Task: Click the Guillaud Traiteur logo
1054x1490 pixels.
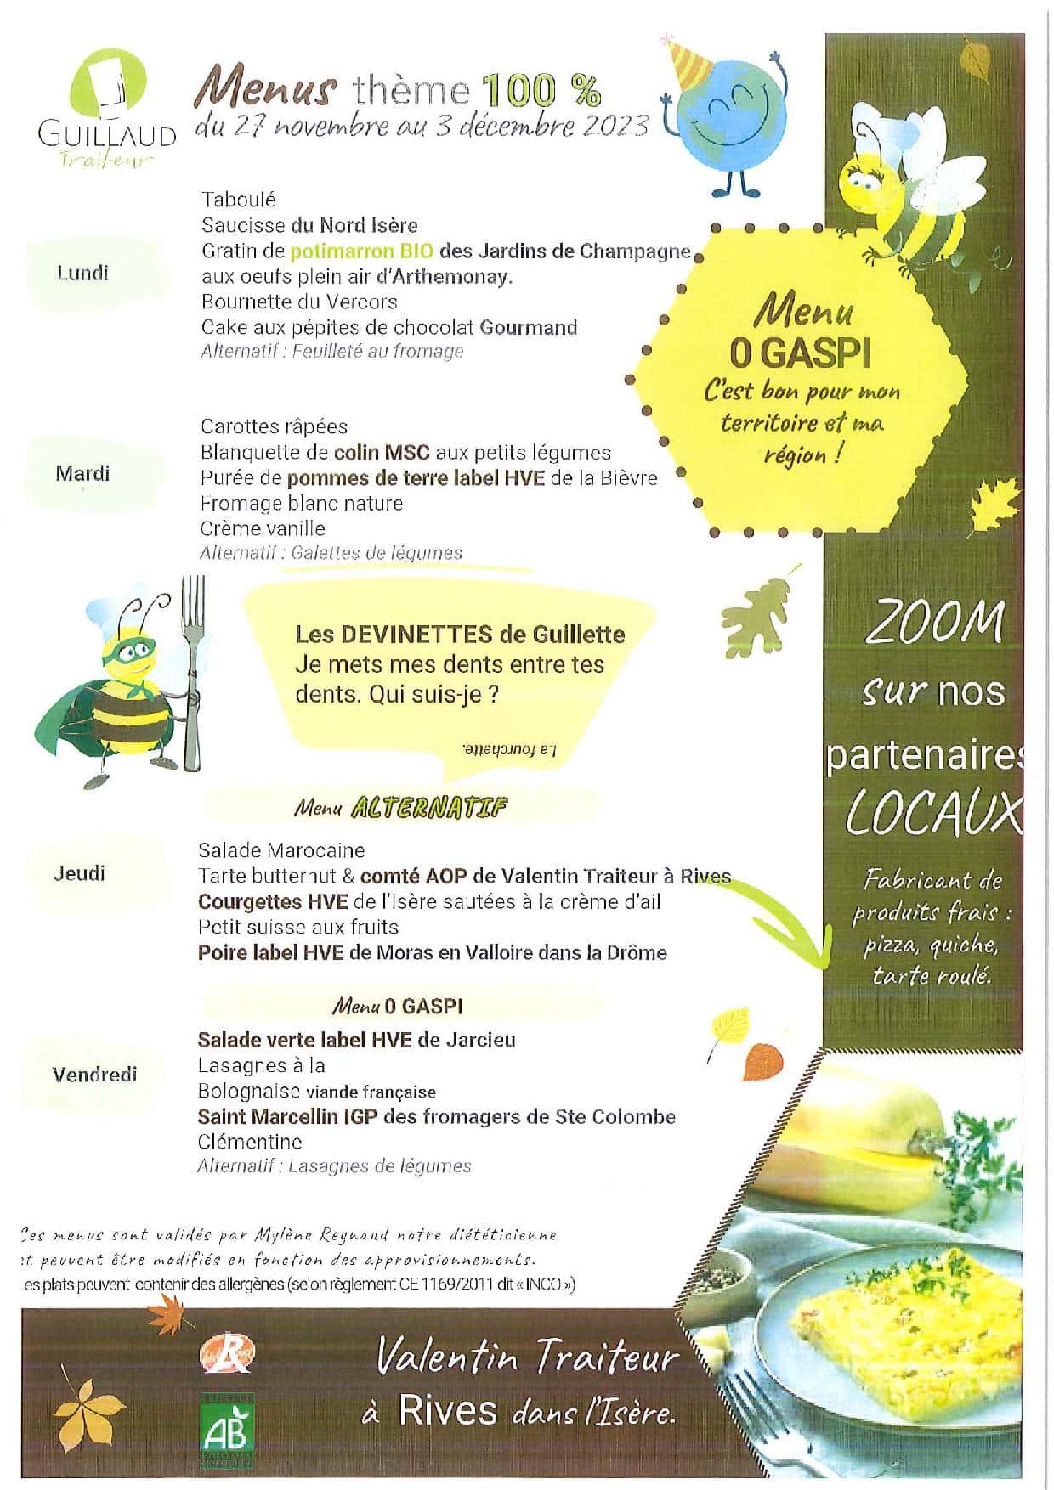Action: [x=106, y=106]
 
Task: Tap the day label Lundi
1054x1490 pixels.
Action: [x=82, y=273]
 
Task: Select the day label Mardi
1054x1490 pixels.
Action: [x=82, y=473]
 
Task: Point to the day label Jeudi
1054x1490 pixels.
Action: [x=79, y=873]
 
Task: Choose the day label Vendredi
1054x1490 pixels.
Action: [x=94, y=1075]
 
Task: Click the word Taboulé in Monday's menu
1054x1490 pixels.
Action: [x=239, y=200]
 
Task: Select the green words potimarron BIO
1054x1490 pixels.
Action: [x=362, y=251]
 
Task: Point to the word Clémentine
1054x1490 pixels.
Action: [x=250, y=1142]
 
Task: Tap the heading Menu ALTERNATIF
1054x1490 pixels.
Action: [x=400, y=808]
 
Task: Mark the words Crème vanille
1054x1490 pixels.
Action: [x=263, y=528]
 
